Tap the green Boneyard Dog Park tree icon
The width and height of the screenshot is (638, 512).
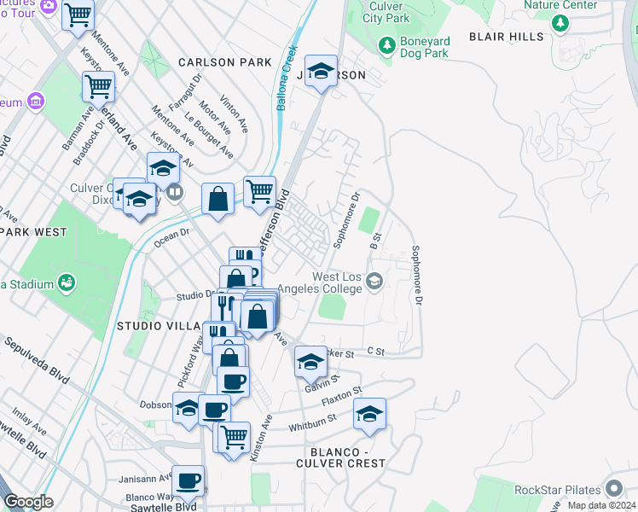tap(386, 44)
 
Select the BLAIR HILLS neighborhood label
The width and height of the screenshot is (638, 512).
tap(506, 37)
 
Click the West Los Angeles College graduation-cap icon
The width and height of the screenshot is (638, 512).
tap(374, 281)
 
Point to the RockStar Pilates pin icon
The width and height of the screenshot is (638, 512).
tap(615, 490)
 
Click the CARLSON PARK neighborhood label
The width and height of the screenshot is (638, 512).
tap(225, 62)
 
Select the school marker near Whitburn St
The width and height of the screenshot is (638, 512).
tap(369, 415)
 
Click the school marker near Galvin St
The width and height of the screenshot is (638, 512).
tap(310, 362)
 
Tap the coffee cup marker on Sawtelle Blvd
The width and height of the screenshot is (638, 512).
tap(188, 480)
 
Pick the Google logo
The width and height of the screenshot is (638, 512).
tap(28, 502)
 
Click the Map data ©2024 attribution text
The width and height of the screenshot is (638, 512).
tap(601, 505)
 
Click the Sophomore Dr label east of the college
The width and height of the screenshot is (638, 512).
tap(417, 276)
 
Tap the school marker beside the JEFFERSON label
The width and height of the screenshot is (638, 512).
tap(321, 72)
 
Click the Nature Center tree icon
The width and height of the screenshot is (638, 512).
tap(560, 23)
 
